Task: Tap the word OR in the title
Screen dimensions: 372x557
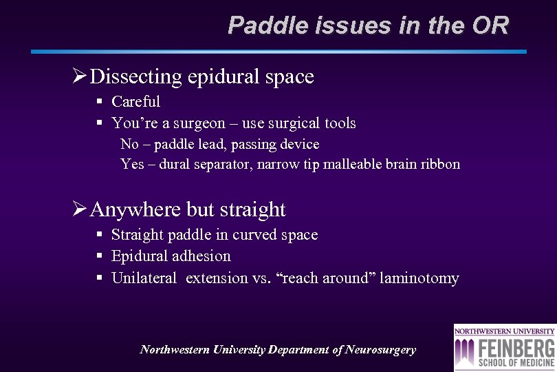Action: pos(490,26)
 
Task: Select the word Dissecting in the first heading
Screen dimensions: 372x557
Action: pos(135,77)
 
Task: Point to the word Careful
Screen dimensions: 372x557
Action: pos(135,102)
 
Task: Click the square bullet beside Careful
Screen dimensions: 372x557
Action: pos(100,102)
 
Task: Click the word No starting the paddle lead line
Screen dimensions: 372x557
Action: pos(129,144)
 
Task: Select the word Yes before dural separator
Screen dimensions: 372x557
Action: pos(131,165)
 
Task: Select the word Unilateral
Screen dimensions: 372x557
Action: pos(144,278)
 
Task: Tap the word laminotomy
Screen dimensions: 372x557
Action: pos(419,278)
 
